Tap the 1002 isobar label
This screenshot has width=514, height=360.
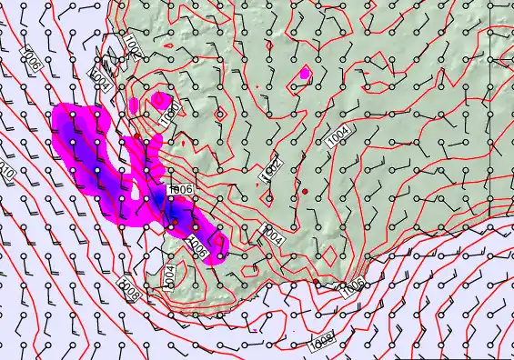(271, 170)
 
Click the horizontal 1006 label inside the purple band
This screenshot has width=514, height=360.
(179, 189)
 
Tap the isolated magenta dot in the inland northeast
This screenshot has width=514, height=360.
(305, 72)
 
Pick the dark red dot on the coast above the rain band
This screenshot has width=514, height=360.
(137, 136)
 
